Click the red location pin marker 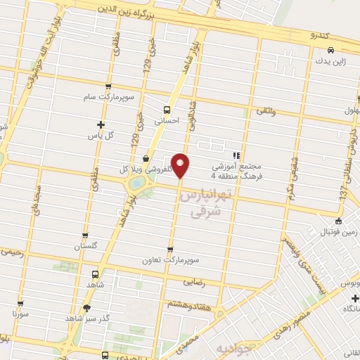point(181,165)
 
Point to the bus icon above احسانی point(167,109)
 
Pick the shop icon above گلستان point(85,236)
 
